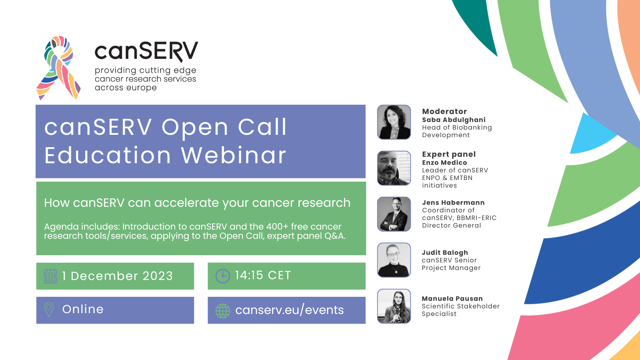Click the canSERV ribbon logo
click(58, 68)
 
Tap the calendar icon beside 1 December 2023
click(50, 276)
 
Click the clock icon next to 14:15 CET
click(222, 276)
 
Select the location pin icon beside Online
click(49, 310)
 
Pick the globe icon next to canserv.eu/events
click(222, 311)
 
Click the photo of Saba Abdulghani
click(394, 122)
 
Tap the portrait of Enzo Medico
click(394, 168)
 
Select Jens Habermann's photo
click(394, 214)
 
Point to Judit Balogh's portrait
click(394, 260)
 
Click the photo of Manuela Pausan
click(394, 306)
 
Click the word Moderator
click(444, 112)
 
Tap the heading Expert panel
click(449, 154)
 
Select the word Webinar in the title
click(234, 155)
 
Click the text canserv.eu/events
click(290, 310)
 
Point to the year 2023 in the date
click(158, 276)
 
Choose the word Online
click(83, 309)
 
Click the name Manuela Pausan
click(452, 298)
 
